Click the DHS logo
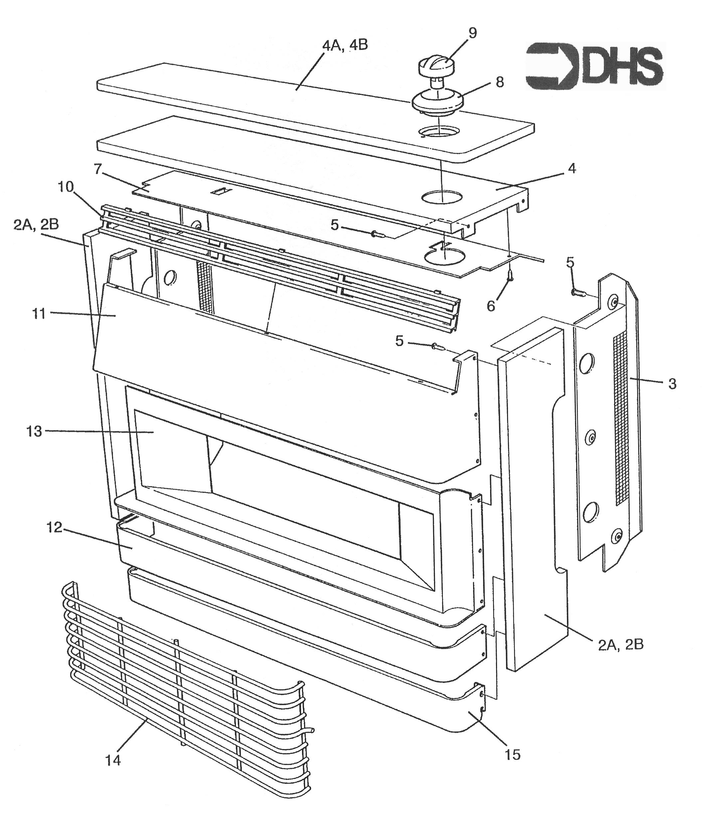594,66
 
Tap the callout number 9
472,33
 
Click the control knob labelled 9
437,67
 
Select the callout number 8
500,83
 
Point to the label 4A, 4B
345,45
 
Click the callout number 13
34,431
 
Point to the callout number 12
55,527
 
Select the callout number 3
672,384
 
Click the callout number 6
491,306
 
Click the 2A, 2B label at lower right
621,645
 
